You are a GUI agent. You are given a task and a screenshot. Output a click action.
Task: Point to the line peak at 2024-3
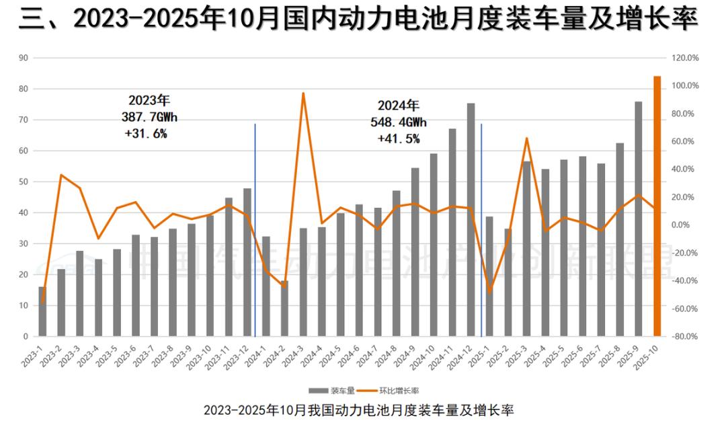pos(303,93)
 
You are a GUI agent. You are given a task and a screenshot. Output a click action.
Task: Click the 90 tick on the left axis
pos(24,58)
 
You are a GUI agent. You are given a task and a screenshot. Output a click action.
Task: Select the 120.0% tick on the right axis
pos(686,58)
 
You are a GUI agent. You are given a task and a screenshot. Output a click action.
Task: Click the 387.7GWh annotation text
pos(149,117)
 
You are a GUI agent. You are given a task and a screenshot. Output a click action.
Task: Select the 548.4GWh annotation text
pos(399,122)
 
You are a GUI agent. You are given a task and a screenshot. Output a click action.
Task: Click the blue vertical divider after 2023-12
pos(255,229)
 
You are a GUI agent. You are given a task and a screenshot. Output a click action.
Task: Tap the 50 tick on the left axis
pos(24,182)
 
